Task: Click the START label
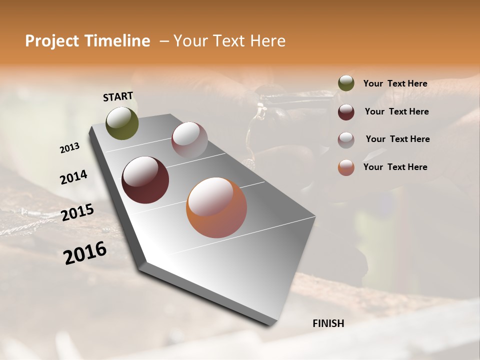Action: pyautogui.click(x=118, y=96)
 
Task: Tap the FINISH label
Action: pyautogui.click(x=328, y=323)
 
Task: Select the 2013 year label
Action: pyautogui.click(x=69, y=148)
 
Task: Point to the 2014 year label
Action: pyautogui.click(x=73, y=177)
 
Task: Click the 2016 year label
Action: pyautogui.click(x=85, y=253)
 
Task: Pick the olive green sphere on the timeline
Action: pyautogui.click(x=122, y=123)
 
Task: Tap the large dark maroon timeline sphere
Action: pyautogui.click(x=145, y=180)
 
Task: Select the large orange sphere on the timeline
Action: pyautogui.click(x=216, y=207)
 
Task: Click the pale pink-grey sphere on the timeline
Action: pyautogui.click(x=189, y=139)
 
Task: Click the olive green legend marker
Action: pyautogui.click(x=346, y=83)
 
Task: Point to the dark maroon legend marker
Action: pyautogui.click(x=346, y=111)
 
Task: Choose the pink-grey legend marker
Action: pyautogui.click(x=346, y=139)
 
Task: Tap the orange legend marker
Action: pyautogui.click(x=346, y=167)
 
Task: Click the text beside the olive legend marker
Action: pyautogui.click(x=395, y=83)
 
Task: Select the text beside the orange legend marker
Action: pyautogui.click(x=395, y=167)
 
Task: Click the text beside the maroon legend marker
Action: pyautogui.click(x=396, y=111)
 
